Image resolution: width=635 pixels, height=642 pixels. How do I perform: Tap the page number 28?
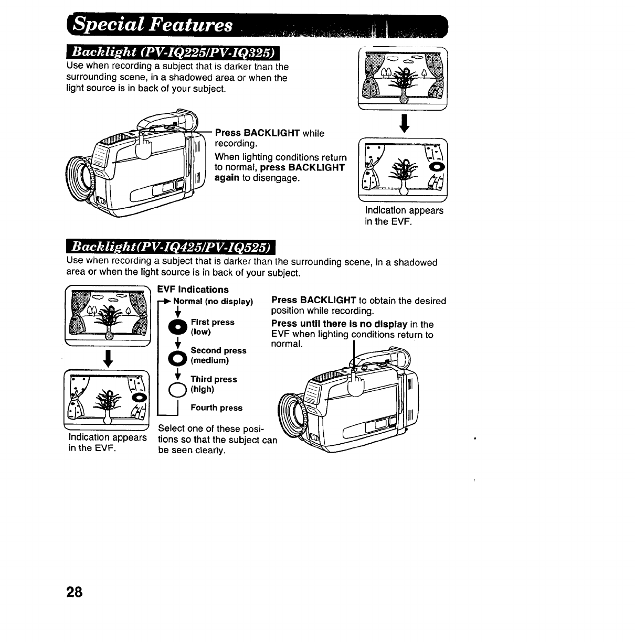(74, 592)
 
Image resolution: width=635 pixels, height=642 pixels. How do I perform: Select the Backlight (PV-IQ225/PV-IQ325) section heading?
(173, 53)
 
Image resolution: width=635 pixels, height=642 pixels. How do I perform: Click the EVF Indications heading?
(193, 290)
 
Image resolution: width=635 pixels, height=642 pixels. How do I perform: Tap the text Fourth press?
(216, 408)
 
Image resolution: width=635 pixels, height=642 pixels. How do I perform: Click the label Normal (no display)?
(213, 302)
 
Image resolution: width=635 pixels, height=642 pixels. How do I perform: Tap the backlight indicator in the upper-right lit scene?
(437, 167)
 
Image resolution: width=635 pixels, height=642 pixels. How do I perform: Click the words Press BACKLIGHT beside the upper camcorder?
(257, 133)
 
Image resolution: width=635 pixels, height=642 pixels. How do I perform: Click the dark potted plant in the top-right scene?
(403, 82)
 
